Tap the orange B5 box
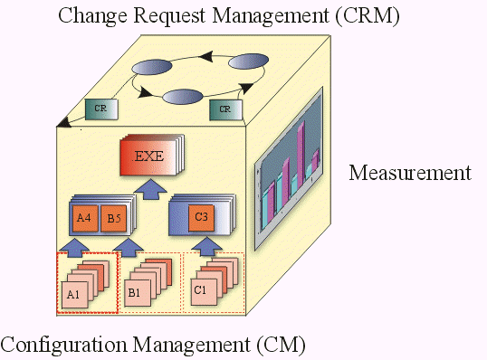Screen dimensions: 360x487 113,218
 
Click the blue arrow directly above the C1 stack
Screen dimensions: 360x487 205,244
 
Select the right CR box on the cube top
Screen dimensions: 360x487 224,109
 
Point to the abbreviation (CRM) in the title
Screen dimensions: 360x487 368,14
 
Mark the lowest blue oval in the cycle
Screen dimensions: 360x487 182,96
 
